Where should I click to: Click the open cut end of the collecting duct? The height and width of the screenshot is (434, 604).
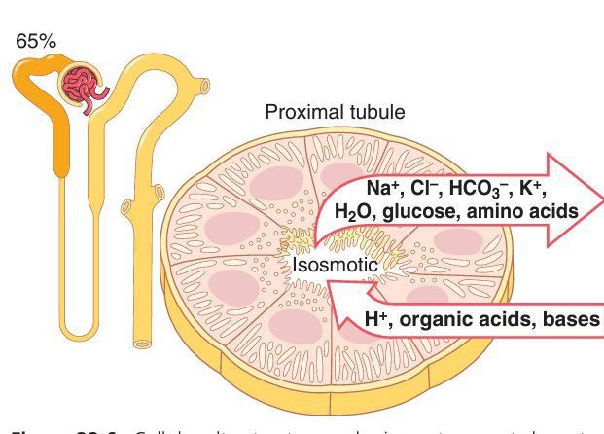[x=142, y=343]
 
